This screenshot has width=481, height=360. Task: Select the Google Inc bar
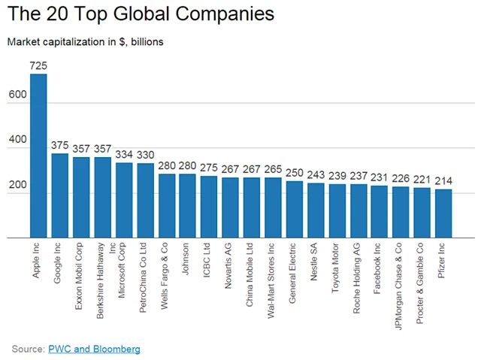60,195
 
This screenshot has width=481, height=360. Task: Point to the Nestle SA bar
316,210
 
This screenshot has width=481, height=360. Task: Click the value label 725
38,66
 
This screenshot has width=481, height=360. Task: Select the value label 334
125,155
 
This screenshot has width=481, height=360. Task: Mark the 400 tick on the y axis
17,140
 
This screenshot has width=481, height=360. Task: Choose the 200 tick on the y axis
17,185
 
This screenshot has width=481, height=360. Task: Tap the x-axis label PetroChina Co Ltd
145,278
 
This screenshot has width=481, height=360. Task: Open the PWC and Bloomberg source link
94,349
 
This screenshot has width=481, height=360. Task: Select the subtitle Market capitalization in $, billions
85,41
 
